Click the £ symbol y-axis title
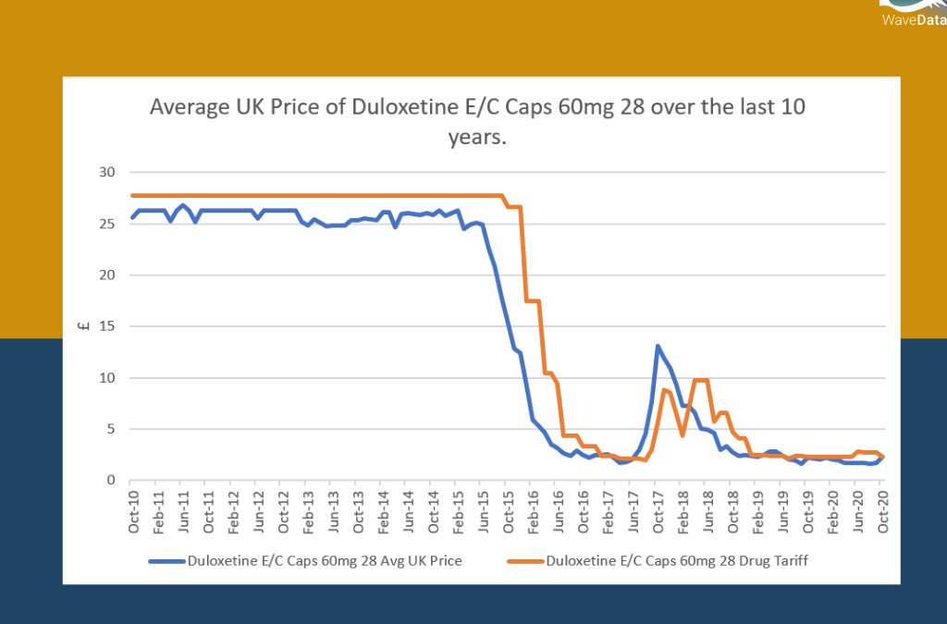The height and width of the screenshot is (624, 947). pos(84,325)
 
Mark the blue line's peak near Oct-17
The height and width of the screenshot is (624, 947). pos(658,347)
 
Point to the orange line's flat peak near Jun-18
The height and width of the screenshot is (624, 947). pos(701,380)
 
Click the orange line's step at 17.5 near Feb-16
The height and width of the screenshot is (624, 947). pos(533,301)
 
